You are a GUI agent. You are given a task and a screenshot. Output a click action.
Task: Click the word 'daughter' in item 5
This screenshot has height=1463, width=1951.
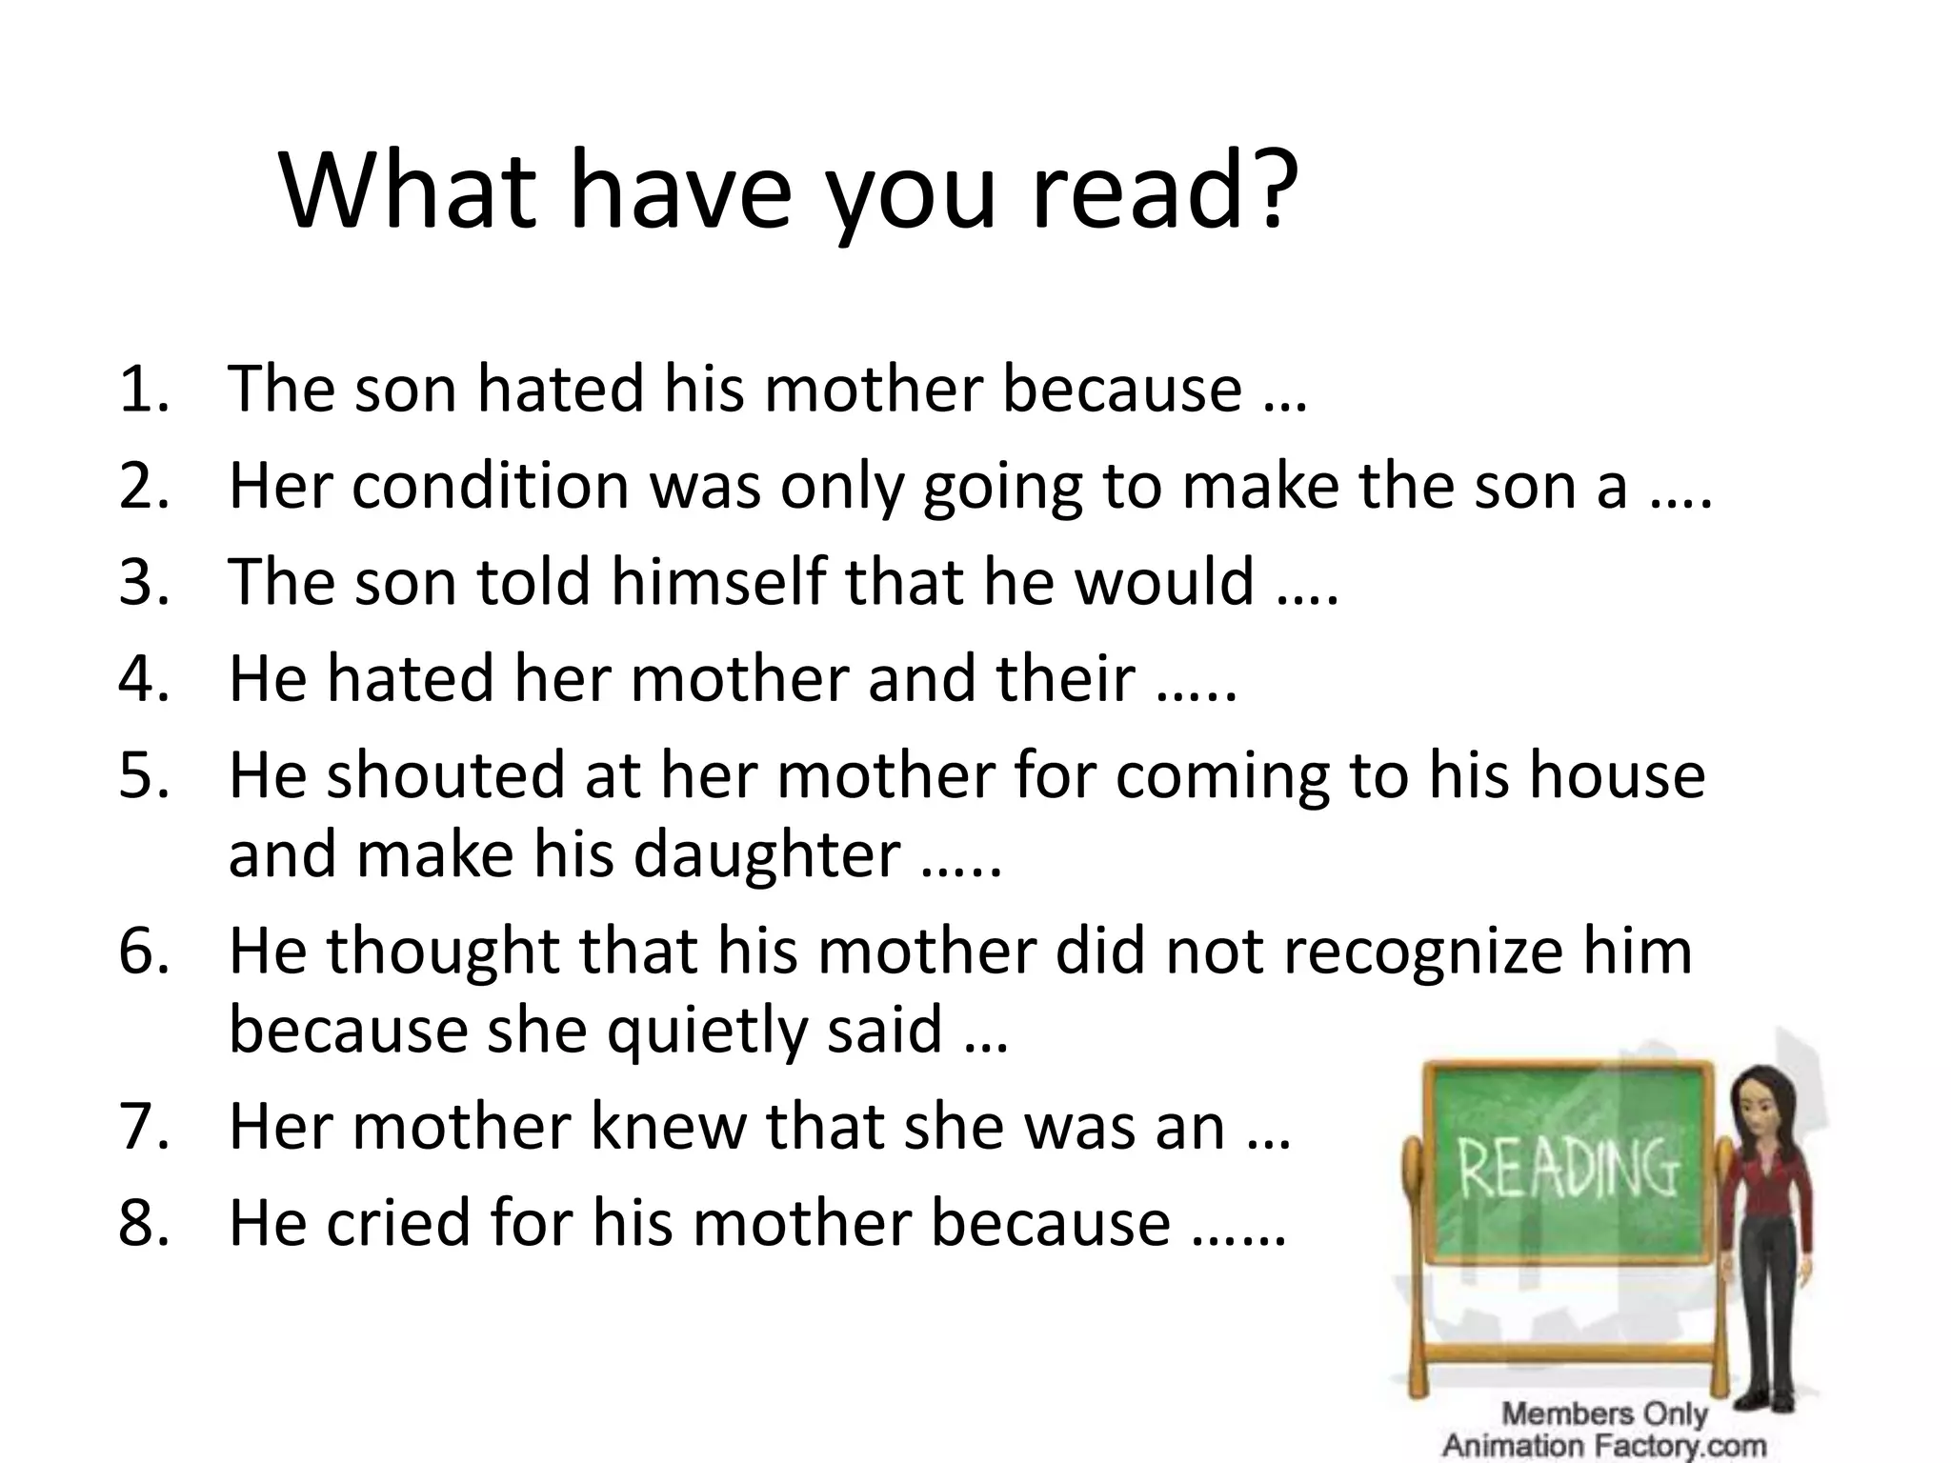pos(766,854)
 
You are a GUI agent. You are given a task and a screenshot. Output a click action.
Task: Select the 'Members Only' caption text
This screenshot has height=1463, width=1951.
pos(1604,1413)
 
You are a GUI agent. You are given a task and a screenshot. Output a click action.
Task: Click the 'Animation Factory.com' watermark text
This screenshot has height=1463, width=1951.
pos(1604,1445)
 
